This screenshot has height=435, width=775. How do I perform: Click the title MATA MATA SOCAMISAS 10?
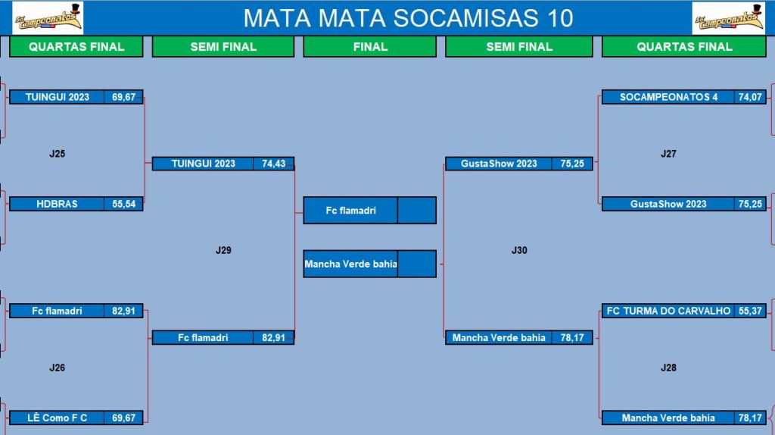coord(408,18)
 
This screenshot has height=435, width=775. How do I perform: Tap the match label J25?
coord(58,154)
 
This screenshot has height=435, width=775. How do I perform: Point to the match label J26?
coord(58,368)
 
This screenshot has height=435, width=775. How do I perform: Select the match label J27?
coord(668,154)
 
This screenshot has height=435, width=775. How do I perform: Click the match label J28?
coord(668,368)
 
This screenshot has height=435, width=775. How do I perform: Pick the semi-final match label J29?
coord(223,250)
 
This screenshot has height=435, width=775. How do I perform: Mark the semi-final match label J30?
coord(519,250)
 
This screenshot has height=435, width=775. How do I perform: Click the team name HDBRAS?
coord(57,204)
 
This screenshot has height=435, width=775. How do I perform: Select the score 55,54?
coord(123,204)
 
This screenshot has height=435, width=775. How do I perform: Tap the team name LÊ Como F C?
coord(57,418)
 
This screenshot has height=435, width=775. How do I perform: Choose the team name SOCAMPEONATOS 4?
coord(668,97)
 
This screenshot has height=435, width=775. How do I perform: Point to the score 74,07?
coord(750,97)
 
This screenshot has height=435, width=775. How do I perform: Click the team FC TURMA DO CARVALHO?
coord(668,311)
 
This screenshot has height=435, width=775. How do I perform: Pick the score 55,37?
coord(750,311)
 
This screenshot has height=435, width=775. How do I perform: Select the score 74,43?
coord(273,164)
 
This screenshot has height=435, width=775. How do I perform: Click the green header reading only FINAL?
coord(370,47)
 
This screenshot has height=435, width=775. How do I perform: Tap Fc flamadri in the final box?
coord(350,211)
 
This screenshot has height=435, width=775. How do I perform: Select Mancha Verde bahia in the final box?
coord(350,264)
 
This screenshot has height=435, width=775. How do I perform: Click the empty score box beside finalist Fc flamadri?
coord(417,211)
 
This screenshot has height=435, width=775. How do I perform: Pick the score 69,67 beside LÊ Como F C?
coord(123,418)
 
